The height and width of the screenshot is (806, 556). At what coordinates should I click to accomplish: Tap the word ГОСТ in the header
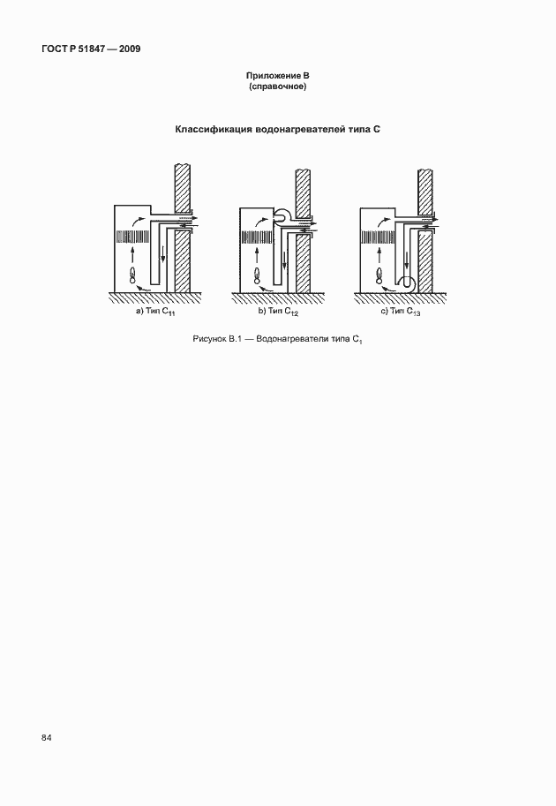tap(56, 49)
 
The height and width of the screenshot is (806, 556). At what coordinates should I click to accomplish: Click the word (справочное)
tap(278, 87)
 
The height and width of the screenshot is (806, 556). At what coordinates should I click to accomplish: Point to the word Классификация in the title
tap(213, 130)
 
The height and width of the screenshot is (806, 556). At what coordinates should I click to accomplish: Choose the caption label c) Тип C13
tap(404, 313)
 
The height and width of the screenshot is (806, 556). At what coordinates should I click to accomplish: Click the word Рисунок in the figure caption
tap(210, 340)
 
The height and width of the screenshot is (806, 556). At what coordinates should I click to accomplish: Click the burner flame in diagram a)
tap(133, 276)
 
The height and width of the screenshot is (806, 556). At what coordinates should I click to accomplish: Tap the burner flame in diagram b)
tap(257, 276)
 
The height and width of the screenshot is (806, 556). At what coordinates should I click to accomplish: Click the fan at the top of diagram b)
tap(287, 215)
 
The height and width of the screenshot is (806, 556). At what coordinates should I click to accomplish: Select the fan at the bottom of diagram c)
tap(407, 283)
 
